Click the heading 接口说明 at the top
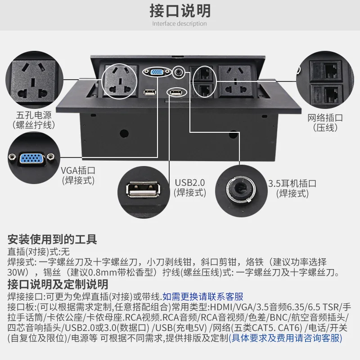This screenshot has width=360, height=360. click(x=180, y=10)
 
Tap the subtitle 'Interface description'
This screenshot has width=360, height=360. click(x=180, y=24)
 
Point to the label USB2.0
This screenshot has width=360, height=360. click(x=189, y=183)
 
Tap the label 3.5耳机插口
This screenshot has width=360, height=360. click(x=292, y=184)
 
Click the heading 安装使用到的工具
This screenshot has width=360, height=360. click(x=52, y=239)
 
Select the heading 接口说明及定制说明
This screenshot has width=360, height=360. click(x=58, y=284)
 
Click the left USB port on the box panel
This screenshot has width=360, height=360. click(x=148, y=93)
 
